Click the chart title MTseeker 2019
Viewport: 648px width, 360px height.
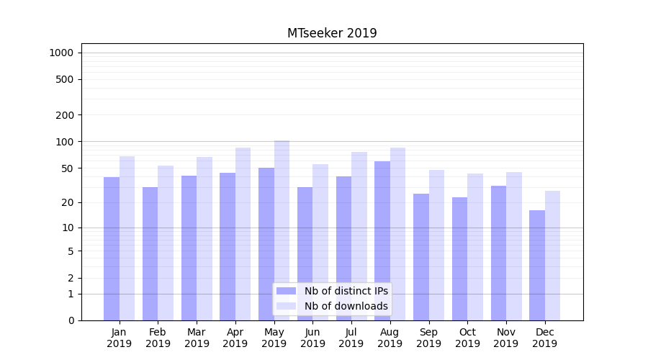(332, 33)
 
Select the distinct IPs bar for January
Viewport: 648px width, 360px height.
(112, 248)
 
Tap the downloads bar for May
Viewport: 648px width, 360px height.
(282, 230)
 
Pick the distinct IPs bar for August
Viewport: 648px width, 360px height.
(382, 240)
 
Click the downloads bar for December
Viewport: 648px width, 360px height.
(552, 256)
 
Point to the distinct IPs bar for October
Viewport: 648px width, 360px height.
(459, 258)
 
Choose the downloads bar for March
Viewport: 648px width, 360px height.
(204, 238)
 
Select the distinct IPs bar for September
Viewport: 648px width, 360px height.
(421, 257)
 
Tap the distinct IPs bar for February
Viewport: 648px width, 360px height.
(150, 253)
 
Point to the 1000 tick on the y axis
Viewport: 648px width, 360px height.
(61, 53)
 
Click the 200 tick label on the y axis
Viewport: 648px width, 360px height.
(65, 115)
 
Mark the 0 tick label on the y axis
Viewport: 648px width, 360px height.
(71, 320)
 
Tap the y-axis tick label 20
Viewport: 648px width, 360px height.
(68, 202)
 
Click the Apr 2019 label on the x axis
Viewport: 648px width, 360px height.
(235, 338)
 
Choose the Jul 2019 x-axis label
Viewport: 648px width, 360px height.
(351, 338)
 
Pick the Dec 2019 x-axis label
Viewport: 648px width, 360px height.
(544, 338)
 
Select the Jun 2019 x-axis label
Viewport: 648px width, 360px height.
(312, 338)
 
